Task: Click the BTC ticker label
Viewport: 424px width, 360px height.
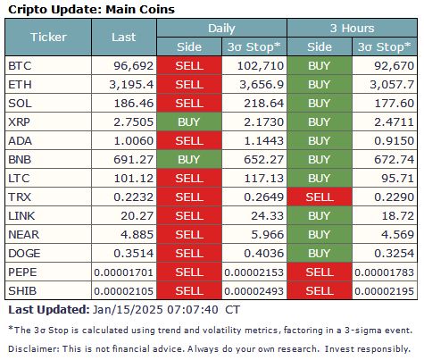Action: (x=19, y=66)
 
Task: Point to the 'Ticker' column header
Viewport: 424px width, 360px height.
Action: (x=48, y=38)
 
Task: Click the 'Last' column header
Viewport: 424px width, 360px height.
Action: (x=123, y=38)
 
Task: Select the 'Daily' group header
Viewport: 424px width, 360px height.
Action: (x=221, y=29)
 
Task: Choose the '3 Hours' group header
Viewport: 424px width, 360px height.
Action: (x=351, y=29)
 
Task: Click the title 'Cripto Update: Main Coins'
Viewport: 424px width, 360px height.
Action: (x=91, y=9)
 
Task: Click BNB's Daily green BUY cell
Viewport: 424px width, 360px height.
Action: (x=188, y=166)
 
